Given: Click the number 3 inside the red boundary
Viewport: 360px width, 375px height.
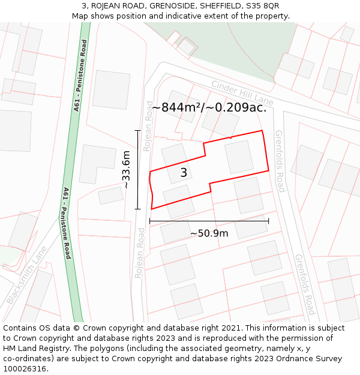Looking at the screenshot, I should click(184, 173).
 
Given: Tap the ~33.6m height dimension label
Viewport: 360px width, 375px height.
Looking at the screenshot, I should click(127, 170).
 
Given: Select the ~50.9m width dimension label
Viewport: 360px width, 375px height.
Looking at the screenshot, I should click(209, 233).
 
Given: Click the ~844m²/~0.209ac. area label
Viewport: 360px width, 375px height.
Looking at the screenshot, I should click(209, 107).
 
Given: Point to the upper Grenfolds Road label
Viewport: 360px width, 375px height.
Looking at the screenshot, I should click(280, 161).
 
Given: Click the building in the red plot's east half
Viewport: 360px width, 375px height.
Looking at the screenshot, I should click(239, 157).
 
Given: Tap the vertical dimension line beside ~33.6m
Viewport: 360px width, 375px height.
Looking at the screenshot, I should click(138, 170).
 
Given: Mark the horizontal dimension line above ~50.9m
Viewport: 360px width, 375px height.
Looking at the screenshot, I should click(209, 221).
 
